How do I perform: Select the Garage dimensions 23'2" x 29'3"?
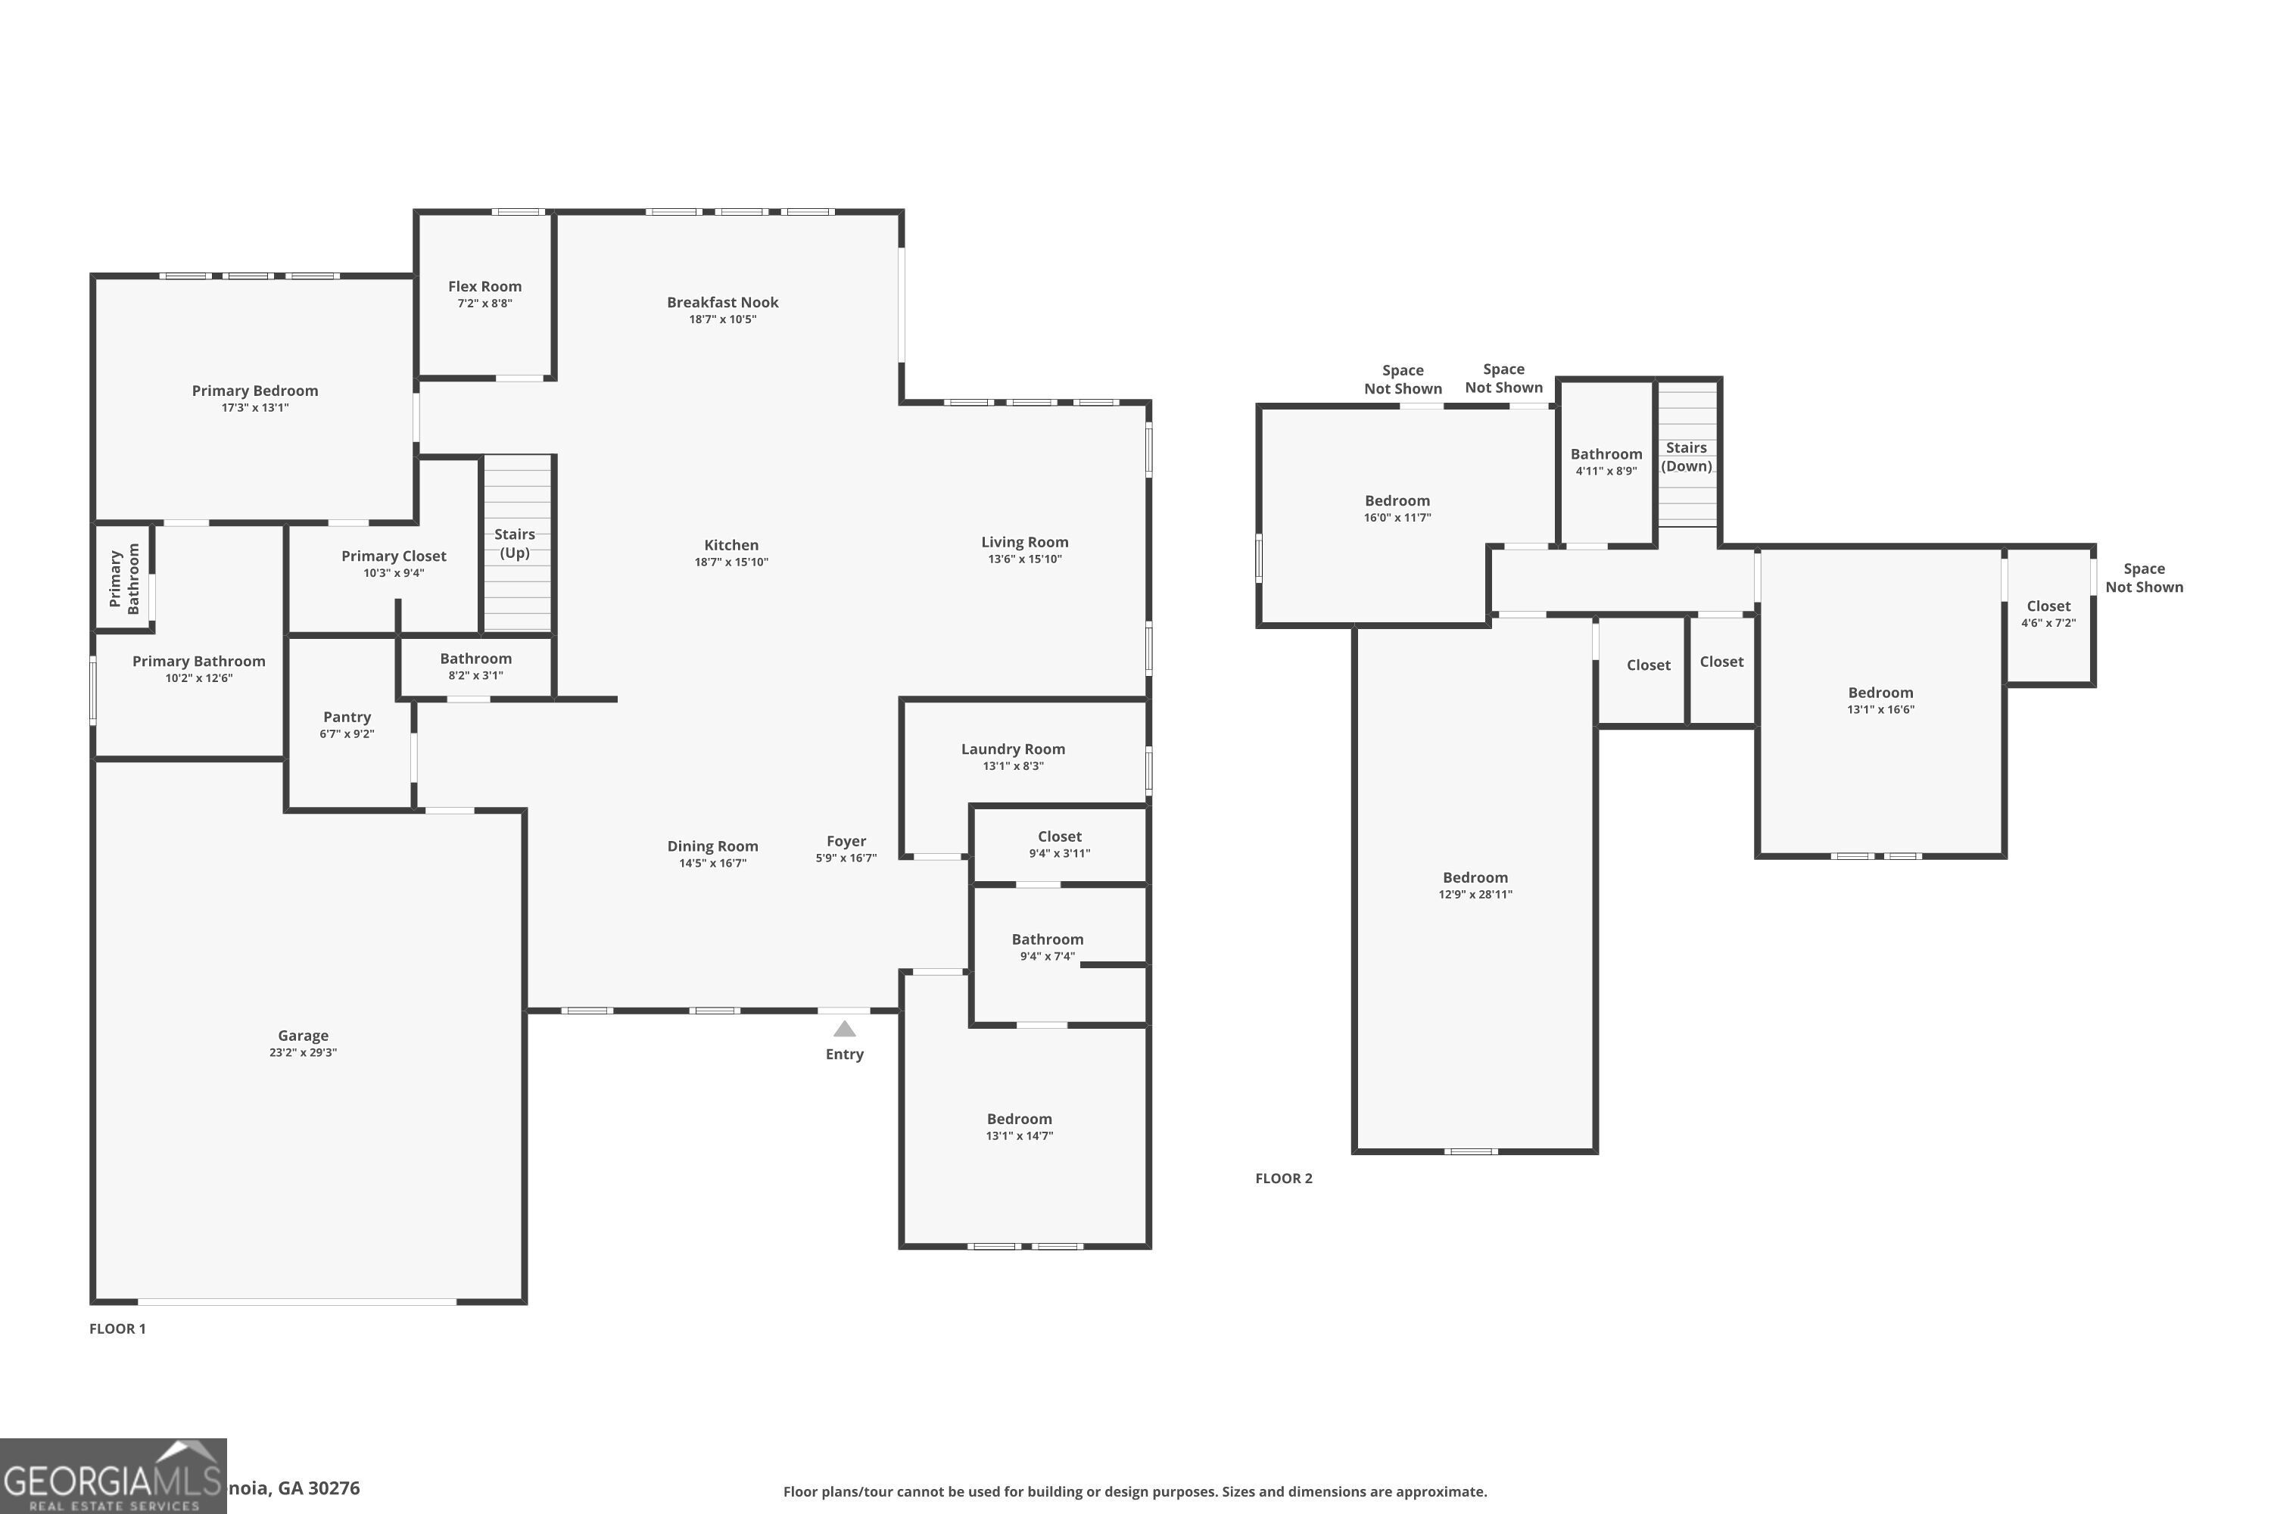click(304, 1052)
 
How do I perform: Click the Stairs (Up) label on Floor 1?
click(515, 543)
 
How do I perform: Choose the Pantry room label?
click(347, 718)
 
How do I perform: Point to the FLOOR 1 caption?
click(118, 1329)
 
